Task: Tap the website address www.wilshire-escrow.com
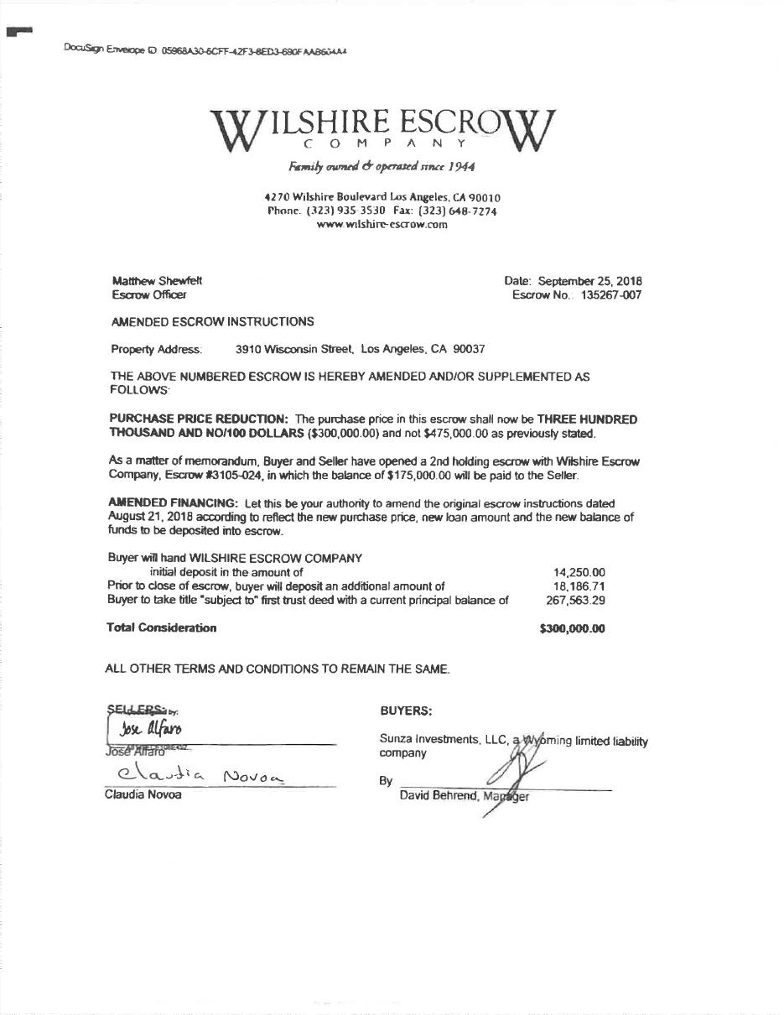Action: click(382, 225)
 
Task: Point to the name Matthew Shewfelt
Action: click(157, 281)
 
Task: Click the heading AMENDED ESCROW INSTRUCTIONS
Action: click(213, 321)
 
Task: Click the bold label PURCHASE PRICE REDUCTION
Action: click(199, 419)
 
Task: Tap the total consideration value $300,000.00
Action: click(573, 628)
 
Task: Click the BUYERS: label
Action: click(406, 711)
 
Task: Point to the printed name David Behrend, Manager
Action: click(465, 796)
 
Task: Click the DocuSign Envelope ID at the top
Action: click(205, 50)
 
